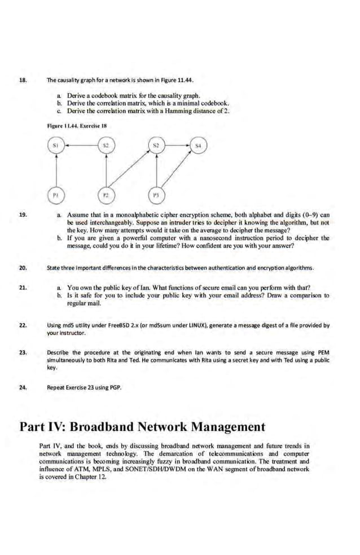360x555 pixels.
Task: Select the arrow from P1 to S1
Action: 56,173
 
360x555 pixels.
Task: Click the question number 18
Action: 23,81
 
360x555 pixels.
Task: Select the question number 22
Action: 23,326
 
